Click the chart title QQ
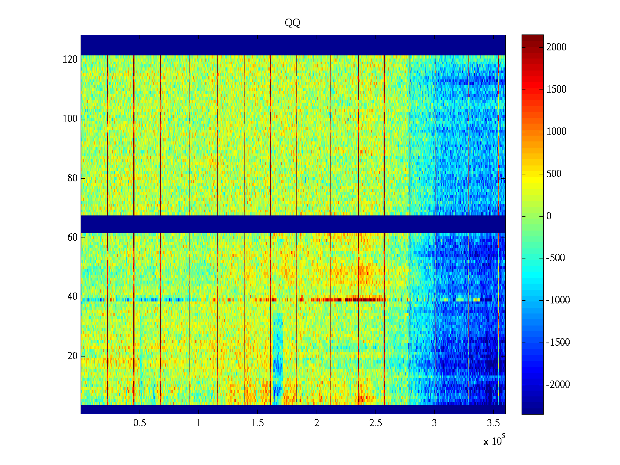[x=293, y=23]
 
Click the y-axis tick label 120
[x=70, y=60]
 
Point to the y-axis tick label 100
[x=70, y=119]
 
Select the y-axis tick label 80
[x=72, y=178]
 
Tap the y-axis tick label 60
[x=72, y=238]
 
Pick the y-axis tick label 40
[x=72, y=297]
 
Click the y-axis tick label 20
[x=72, y=356]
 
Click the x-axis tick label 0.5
[x=139, y=423]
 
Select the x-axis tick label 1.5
[x=258, y=423]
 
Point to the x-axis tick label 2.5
[x=375, y=423]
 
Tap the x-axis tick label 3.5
[x=493, y=423]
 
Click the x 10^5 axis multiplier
[x=494, y=441]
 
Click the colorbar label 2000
[x=556, y=47]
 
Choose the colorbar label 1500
[x=556, y=90]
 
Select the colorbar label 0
[x=549, y=216]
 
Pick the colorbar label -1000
[x=558, y=300]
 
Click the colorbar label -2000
[x=558, y=385]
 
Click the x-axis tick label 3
[x=434, y=423]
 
